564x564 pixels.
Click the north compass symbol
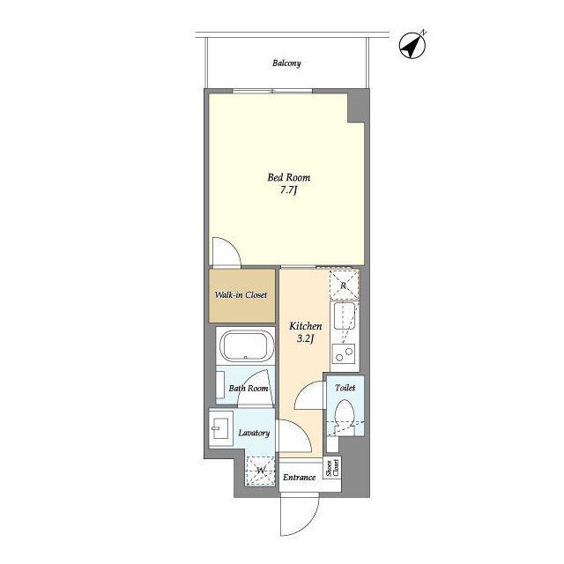412,45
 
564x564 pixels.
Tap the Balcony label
286,63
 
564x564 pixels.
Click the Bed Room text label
288,177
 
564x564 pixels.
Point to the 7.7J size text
288,190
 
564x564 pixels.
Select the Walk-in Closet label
241,295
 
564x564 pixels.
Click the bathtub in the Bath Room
245,346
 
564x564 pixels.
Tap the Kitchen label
306,326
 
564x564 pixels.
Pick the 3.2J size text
306,338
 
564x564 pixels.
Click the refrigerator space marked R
345,286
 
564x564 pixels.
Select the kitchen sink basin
345,316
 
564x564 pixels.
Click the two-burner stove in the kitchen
344,354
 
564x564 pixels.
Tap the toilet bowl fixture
345,416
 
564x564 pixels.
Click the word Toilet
345,388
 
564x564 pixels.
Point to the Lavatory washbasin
219,428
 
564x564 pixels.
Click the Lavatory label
254,433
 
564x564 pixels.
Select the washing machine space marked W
261,470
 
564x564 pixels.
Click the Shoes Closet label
332,468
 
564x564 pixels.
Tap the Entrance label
299,478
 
